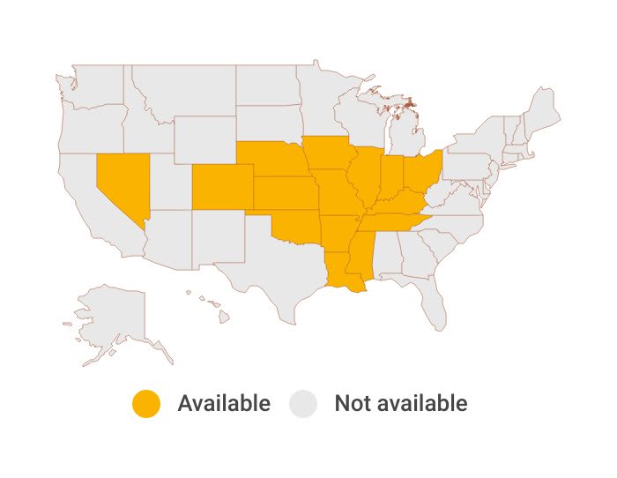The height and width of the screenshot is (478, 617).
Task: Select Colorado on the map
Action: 221,186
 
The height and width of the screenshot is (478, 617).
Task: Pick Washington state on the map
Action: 97,88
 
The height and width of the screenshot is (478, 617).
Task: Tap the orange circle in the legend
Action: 146,404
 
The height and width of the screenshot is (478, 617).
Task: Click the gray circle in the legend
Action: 305,404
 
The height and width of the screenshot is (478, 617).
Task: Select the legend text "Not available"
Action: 400,404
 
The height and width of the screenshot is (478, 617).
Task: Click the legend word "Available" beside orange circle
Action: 224,404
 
